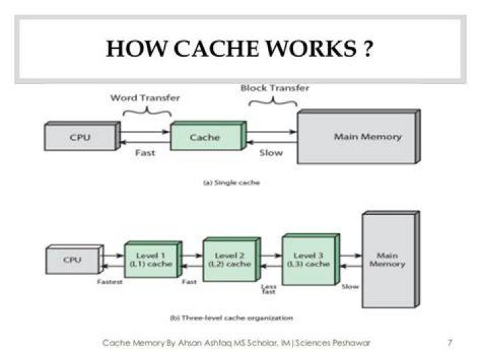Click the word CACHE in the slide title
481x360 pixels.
pos(216,49)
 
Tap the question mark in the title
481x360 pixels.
pos(368,49)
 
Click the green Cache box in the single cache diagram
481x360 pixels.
pos(208,136)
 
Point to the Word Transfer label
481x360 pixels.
pos(145,98)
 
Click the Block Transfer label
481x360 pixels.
pos(275,88)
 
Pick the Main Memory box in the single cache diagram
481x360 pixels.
pos(359,136)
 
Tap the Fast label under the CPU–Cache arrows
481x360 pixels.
pos(145,152)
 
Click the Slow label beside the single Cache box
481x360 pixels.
pos(271,152)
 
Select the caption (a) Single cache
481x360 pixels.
pos(232,183)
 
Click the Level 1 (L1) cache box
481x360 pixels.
pos(154,259)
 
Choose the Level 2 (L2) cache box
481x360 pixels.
pos(232,259)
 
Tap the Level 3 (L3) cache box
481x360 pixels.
pos(311,259)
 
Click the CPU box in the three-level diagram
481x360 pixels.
pos(75,259)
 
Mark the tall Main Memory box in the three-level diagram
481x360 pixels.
pos(391,259)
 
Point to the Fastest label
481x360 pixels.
pos(110,281)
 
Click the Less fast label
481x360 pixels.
pos(269,289)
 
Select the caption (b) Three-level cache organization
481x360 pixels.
pos(232,318)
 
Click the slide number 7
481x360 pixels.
pos(450,343)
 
